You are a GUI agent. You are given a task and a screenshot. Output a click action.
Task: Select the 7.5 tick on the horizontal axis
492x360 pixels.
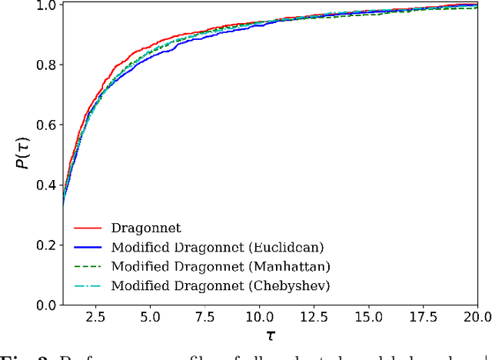(x=204, y=317)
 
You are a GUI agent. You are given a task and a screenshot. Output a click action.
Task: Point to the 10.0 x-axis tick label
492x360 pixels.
(x=258, y=317)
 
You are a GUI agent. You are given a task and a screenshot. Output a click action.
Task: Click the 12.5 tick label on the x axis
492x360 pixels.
(x=313, y=317)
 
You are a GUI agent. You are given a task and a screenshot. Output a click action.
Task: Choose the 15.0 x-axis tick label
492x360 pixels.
(x=367, y=317)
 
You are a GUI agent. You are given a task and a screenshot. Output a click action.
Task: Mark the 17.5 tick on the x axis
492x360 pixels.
(x=423, y=317)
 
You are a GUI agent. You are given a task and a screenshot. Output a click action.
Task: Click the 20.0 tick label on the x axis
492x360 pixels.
(x=475, y=317)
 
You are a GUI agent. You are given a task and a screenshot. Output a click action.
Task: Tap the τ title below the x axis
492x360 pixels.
(x=270, y=336)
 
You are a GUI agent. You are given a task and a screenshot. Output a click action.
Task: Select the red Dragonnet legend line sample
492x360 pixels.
(x=88, y=228)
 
